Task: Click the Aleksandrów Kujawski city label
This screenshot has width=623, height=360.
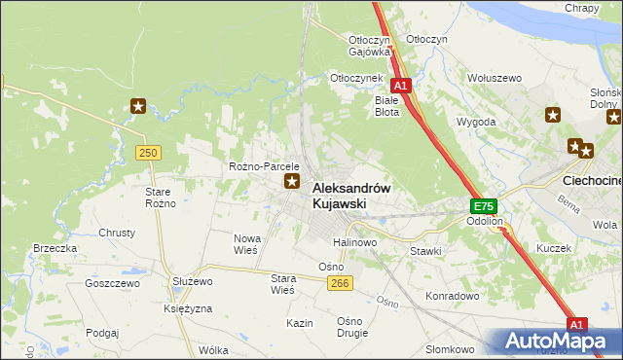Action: pos(351,196)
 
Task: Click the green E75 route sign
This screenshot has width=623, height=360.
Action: pos(484,206)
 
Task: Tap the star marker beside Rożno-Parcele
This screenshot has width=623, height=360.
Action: pos(291,181)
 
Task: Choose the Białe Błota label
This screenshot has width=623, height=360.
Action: pos(387,105)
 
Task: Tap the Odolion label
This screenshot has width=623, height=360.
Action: pos(484,221)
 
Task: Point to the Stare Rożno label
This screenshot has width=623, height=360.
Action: pos(160,197)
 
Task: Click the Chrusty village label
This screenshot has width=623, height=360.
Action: pos(117,233)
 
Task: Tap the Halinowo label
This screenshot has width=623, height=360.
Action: pos(355,241)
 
